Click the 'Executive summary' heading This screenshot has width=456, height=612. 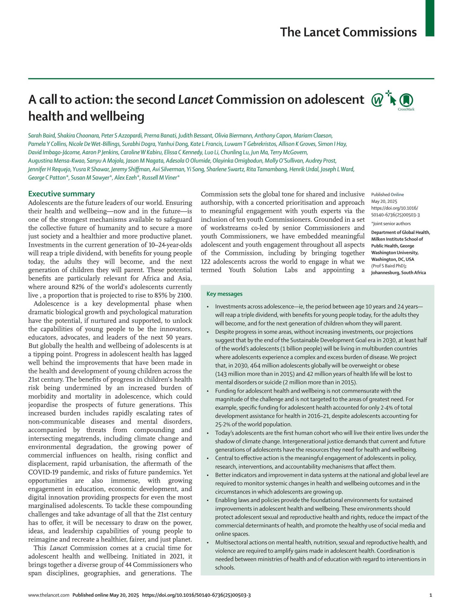[61, 194]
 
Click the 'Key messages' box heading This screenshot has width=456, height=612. [224, 294]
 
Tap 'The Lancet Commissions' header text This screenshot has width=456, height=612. [348, 32]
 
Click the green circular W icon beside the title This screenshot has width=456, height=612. [377, 100]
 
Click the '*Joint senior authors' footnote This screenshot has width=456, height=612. [391, 224]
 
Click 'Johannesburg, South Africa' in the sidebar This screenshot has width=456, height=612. [398, 273]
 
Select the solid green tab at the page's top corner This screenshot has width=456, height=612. [430, 18]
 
